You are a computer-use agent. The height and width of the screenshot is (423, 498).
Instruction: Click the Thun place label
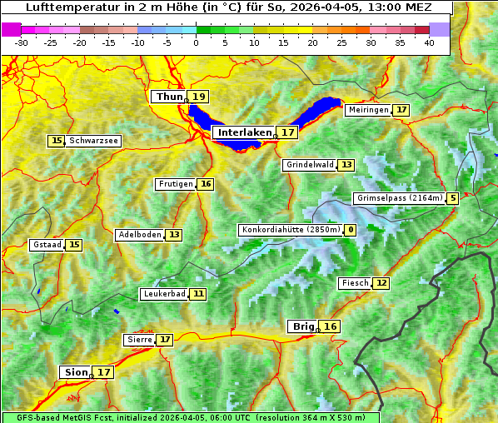168,97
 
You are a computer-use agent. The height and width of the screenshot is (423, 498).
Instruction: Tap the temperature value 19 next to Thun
198,97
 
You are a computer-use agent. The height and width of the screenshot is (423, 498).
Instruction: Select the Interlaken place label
245,132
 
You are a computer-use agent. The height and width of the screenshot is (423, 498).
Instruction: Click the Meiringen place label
367,110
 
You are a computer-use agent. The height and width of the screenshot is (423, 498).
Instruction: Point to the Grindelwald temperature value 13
346,165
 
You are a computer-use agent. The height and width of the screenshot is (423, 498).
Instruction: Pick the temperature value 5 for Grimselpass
452,198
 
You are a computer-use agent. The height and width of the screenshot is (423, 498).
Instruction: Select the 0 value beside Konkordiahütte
350,230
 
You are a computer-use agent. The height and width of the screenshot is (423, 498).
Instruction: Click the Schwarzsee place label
93,141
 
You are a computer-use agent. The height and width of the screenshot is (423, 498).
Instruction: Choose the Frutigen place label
175,184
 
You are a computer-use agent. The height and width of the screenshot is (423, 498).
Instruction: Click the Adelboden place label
139,235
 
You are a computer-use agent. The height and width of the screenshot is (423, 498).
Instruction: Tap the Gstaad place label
47,245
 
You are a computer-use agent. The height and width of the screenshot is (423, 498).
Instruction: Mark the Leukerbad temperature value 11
197,294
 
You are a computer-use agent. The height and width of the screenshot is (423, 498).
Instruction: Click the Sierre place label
138,340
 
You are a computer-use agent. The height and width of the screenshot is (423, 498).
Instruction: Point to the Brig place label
301,326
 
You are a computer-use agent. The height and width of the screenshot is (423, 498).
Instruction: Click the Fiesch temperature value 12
381,283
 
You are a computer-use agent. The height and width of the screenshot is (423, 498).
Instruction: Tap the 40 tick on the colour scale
429,42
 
